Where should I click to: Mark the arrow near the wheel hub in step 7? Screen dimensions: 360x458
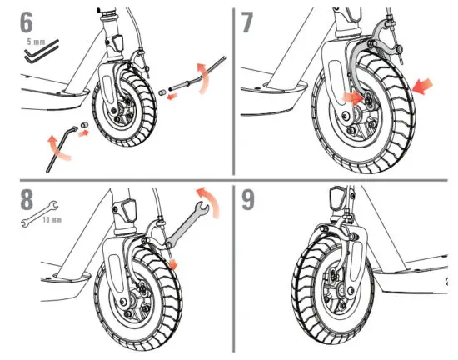[354, 97]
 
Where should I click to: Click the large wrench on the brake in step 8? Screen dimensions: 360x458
[184, 220]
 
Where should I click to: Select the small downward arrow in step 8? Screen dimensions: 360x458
[173, 262]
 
